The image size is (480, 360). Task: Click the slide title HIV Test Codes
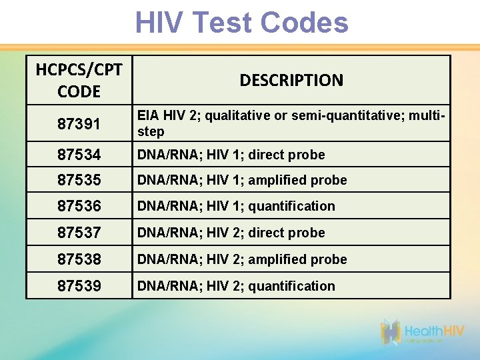241,23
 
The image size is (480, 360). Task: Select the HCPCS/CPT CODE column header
79,80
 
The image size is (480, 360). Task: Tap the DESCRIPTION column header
291,81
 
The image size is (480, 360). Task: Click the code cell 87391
79,123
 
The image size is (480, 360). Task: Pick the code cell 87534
79,155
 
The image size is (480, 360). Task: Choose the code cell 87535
79,180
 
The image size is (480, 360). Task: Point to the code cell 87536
79,206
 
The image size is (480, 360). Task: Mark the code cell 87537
79,233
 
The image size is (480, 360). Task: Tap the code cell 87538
79,259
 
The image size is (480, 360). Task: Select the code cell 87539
79,286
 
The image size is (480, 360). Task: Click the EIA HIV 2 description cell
291,123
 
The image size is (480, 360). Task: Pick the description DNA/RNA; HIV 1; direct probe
231,155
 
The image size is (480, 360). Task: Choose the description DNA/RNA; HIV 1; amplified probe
242,180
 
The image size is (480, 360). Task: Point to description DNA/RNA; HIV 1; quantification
236,206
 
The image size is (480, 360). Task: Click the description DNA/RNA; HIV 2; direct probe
231,233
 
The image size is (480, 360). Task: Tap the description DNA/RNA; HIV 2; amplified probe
242,259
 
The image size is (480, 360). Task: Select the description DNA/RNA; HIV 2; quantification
236,286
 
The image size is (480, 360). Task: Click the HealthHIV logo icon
391,332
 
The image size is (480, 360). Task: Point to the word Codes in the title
304,23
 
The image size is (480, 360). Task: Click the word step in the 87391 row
151,132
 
